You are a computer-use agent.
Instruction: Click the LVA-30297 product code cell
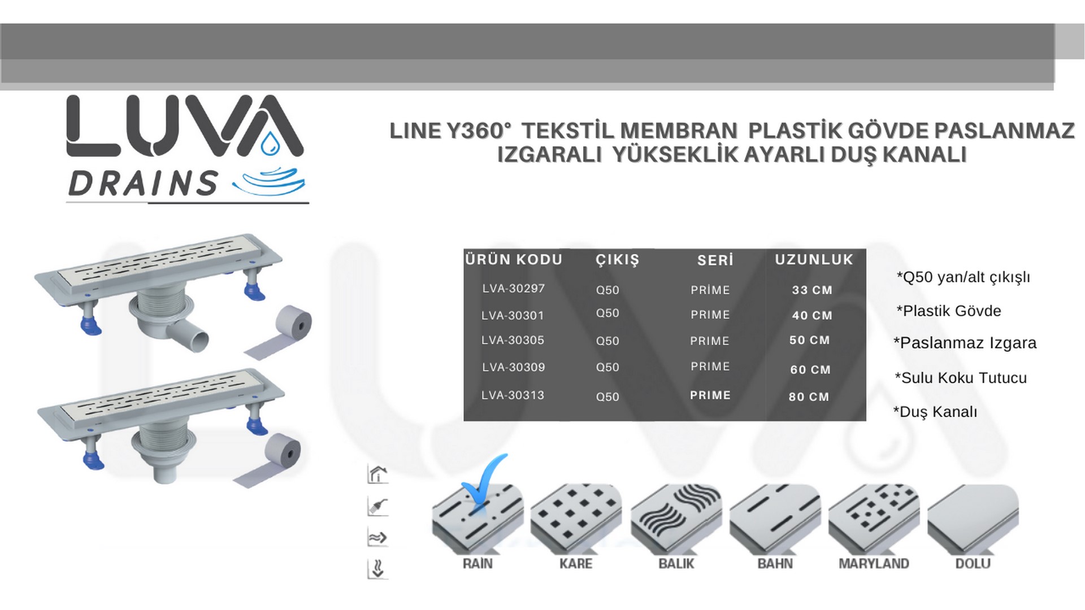tap(513, 289)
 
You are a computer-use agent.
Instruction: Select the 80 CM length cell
tap(809, 396)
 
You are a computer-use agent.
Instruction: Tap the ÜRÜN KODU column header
tap(514, 260)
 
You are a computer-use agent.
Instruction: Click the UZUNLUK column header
tap(814, 260)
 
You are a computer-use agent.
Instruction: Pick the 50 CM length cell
tap(809, 340)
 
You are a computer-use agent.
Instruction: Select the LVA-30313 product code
tap(513, 395)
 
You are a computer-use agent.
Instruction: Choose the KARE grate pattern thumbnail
tap(576, 518)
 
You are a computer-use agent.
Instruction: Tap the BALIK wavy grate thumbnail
tap(676, 518)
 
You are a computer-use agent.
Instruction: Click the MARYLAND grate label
tap(874, 564)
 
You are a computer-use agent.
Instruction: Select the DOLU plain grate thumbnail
tap(973, 518)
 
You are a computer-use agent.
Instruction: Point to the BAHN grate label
tap(775, 564)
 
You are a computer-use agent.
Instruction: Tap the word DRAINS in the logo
tap(143, 184)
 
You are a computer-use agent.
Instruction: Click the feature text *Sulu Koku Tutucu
tap(961, 378)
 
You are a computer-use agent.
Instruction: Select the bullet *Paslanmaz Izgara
tap(965, 343)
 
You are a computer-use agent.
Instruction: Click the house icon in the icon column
tap(377, 474)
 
